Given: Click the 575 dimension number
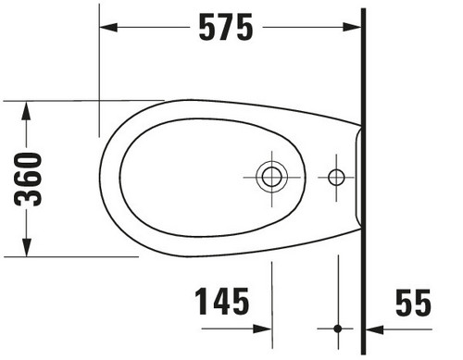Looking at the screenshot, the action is tap(226, 27).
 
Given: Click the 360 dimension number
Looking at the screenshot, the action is tap(28, 179).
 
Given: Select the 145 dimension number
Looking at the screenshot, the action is tap(222, 302).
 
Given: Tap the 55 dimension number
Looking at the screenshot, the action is tap(413, 303).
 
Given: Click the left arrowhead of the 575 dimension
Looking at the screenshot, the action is tap(108, 27).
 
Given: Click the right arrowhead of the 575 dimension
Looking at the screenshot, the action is tap(352, 27).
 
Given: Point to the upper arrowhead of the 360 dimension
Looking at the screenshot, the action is tap(27, 111).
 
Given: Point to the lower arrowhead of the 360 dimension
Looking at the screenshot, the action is tap(27, 247).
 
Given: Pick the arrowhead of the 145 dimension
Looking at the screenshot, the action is tap(262, 329).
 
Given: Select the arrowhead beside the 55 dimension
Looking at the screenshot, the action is tap(375, 329).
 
